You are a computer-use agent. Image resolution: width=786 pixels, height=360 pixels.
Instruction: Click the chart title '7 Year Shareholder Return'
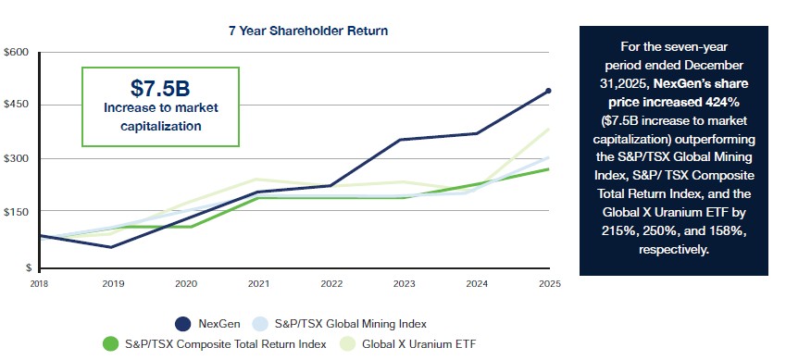(308, 31)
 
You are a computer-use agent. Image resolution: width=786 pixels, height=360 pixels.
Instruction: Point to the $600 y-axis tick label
(16, 53)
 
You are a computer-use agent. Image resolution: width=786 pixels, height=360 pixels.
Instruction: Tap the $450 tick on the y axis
(16, 105)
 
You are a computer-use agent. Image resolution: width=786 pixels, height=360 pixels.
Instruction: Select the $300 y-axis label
(16, 158)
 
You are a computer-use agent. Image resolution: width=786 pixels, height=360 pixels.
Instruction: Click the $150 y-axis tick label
(16, 212)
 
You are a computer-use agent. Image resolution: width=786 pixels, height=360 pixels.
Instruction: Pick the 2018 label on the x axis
(38, 284)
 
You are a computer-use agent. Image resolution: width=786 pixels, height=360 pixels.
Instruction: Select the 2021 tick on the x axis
(257, 284)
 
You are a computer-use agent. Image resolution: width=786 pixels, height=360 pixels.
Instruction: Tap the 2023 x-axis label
(404, 284)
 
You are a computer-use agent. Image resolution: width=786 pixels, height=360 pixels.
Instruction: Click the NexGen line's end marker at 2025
(548, 91)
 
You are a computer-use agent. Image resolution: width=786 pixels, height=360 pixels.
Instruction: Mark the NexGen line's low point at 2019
(111, 247)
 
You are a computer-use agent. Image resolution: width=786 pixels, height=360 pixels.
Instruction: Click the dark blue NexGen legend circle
(183, 324)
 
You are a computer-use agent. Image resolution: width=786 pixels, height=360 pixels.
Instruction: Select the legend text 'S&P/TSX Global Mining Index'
(350, 324)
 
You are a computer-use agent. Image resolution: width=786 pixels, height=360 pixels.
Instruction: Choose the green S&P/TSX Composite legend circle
(109, 344)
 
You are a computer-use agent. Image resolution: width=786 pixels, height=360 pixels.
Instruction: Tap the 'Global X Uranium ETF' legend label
(418, 344)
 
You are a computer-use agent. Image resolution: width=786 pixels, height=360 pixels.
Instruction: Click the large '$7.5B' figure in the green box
(160, 88)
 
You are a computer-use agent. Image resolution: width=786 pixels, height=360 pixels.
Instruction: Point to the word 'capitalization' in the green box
(160, 126)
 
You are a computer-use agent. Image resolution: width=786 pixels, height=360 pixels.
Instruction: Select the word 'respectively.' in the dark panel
(674, 249)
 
